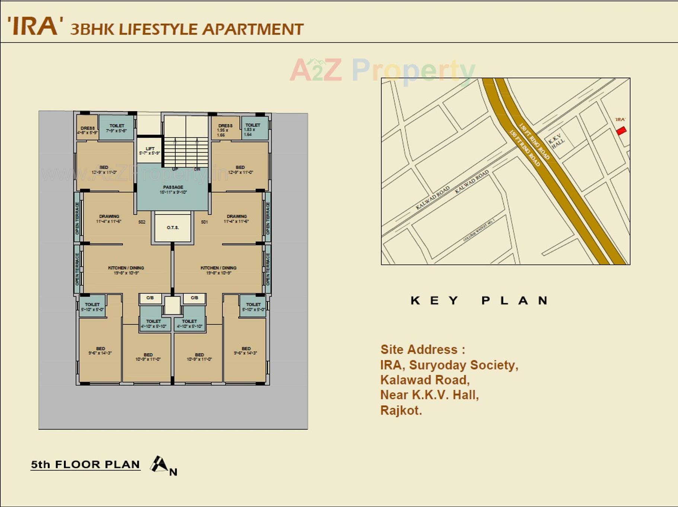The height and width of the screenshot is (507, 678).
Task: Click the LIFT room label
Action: [150, 150]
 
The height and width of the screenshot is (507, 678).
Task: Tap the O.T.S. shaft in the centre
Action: [173, 227]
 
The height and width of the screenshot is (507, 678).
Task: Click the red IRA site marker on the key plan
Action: [621, 131]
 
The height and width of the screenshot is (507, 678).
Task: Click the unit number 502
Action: [142, 222]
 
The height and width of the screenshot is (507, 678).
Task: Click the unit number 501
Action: [204, 222]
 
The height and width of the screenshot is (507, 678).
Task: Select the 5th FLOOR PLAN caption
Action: [85, 465]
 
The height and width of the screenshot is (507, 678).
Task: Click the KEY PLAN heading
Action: [479, 301]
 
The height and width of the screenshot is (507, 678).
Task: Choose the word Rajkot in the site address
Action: [401, 411]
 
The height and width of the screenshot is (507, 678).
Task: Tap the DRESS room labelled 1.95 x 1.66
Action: [225, 130]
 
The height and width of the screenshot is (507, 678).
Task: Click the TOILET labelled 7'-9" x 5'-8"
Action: [117, 128]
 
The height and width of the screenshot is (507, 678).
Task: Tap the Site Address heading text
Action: [423, 349]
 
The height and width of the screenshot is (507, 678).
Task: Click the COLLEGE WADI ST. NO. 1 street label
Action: [478, 230]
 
